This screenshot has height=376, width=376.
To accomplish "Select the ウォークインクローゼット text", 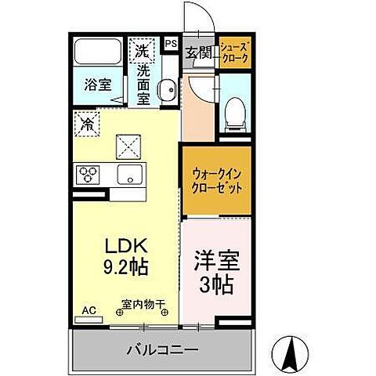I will pyautogui.click(x=217, y=181).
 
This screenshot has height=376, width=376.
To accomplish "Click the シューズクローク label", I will pyautogui.click(x=235, y=52).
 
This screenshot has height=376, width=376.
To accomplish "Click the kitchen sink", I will pyautogui.click(x=127, y=174).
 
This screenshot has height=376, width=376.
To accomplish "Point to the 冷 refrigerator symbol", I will pyautogui.click(x=87, y=122).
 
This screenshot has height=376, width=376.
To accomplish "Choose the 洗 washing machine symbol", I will pyautogui.click(x=142, y=51).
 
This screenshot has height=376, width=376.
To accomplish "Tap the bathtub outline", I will pyautogui.click(x=97, y=53).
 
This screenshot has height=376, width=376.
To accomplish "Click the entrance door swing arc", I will pyautogui.click(x=194, y=18).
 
